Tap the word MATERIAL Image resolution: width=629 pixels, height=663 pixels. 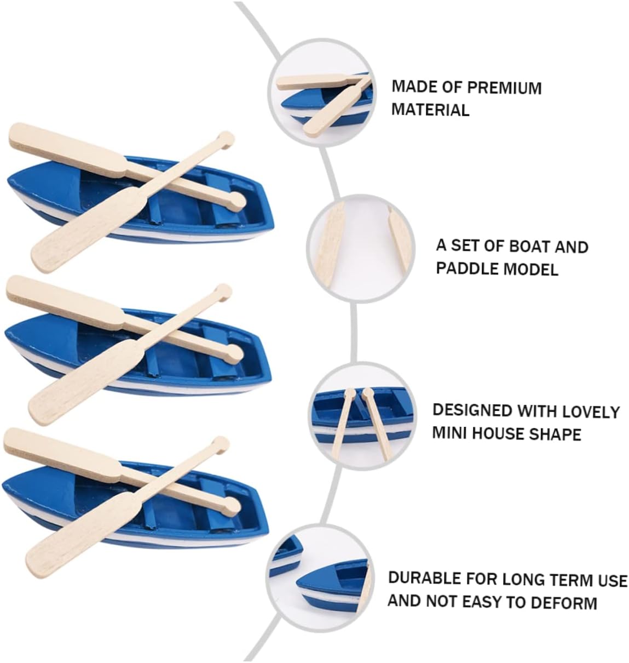pyautogui.click(x=430, y=110)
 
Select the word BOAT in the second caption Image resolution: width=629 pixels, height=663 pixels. pyautogui.click(x=529, y=247)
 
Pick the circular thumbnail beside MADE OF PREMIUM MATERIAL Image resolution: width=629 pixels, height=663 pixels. pyautogui.click(x=322, y=93)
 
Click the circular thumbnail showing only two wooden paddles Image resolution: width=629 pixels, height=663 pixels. pyautogui.click(x=361, y=248)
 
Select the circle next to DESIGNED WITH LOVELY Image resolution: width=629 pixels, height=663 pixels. pyautogui.click(x=362, y=416)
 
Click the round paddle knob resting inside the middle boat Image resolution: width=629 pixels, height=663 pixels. pyautogui.click(x=234, y=353)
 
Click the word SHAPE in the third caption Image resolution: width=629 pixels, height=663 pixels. pyautogui.click(x=556, y=433)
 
